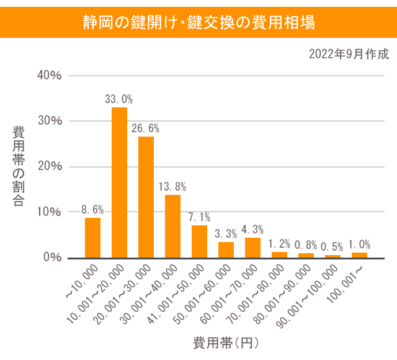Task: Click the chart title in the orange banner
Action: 198,22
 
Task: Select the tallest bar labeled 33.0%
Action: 119,182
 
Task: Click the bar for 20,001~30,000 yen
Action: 146,197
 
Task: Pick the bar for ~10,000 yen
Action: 92,238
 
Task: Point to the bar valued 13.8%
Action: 172,226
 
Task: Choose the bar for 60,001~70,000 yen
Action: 252,248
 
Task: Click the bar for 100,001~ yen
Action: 359,254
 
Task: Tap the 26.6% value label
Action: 146,128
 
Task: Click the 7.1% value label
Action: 199,217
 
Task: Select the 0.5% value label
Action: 332,247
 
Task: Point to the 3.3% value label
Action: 226,234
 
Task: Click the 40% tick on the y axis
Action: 49,76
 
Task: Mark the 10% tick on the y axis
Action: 49,212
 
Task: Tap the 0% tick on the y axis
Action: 52,258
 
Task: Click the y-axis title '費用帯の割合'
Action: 19,166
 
